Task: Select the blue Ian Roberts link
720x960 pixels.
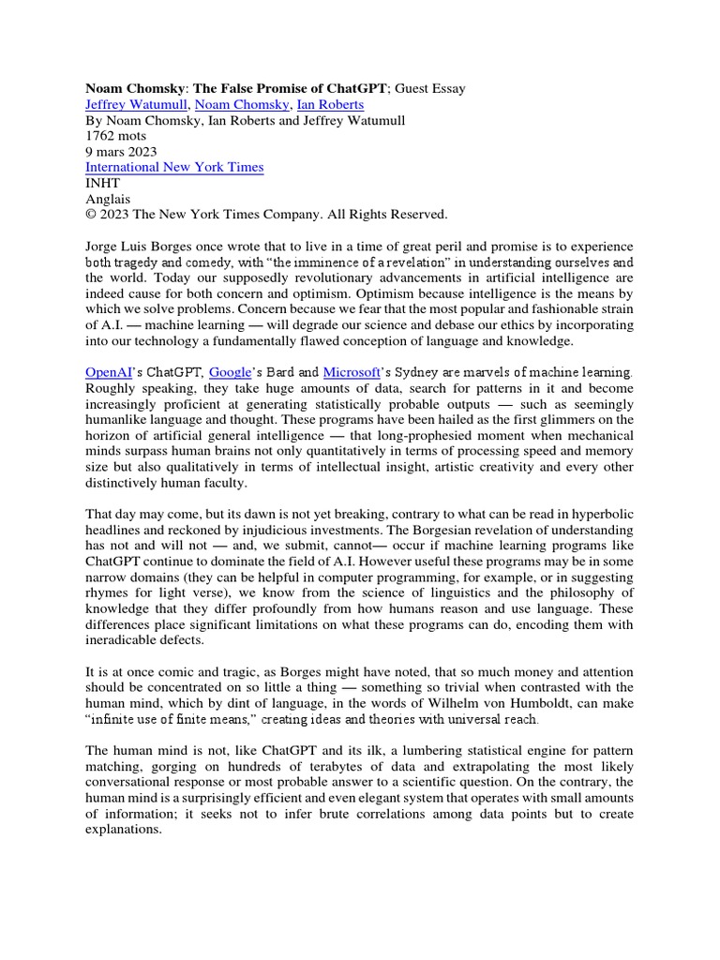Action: click(x=330, y=105)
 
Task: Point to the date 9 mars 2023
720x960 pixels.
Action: click(x=121, y=152)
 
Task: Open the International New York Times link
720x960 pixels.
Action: click(x=174, y=168)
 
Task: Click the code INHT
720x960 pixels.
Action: click(x=104, y=184)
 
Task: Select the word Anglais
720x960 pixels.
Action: click(x=108, y=199)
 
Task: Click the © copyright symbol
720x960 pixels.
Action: click(x=91, y=215)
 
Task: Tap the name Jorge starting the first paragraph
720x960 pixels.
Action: click(x=104, y=246)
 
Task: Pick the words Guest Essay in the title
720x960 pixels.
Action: click(x=430, y=89)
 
